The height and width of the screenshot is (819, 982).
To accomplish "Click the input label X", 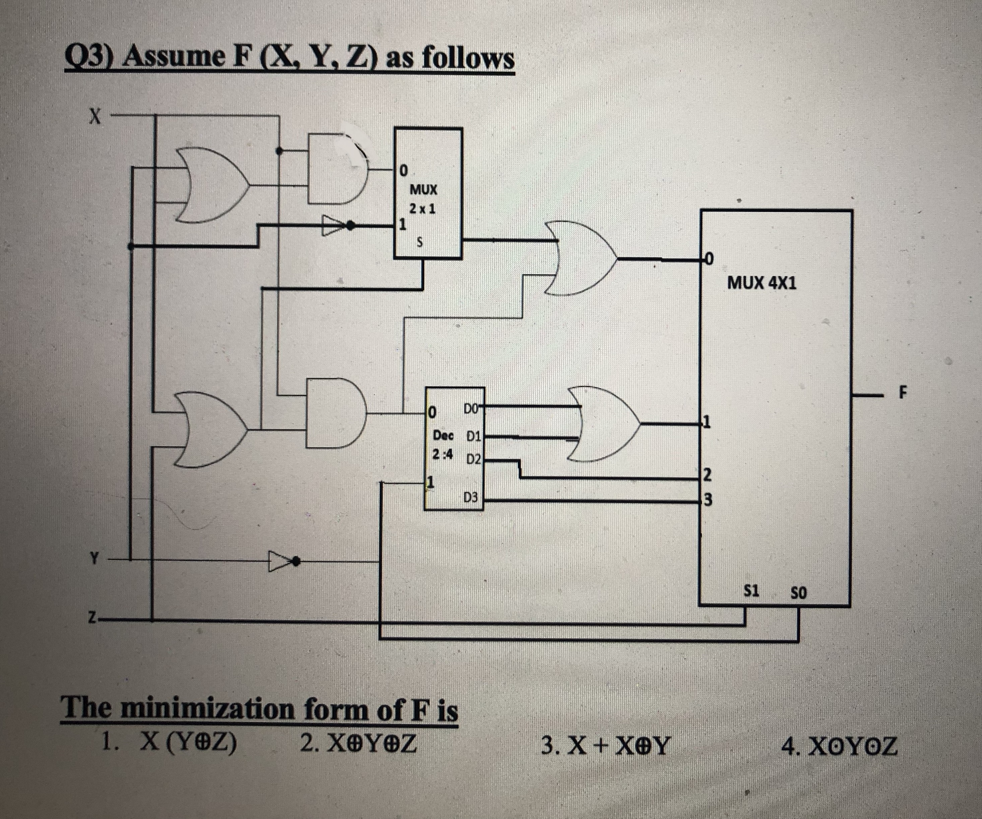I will point(95,115).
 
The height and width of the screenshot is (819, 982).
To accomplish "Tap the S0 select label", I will point(798,593).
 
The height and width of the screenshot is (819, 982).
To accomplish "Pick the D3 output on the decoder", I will point(471,498).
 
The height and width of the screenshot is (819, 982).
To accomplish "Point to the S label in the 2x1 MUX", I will point(419,243).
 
